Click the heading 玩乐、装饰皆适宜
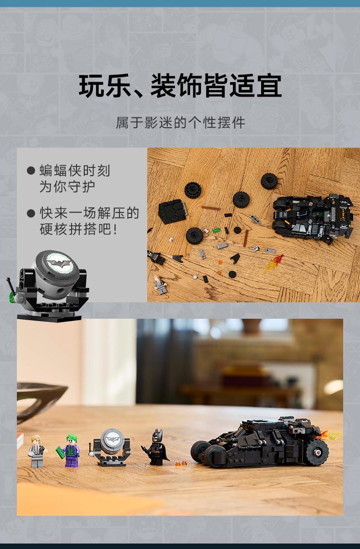[180, 86]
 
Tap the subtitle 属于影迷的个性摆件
[180, 123]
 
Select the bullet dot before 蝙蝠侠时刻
[31, 171]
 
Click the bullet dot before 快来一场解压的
[31, 213]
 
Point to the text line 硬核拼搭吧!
[78, 229]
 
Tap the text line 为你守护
[67, 186]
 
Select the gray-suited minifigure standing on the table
[36, 451]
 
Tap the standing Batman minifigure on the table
[156, 447]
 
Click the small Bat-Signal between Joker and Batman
[110, 448]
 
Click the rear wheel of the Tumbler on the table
[317, 452]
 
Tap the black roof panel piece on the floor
[172, 211]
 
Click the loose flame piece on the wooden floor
[273, 264]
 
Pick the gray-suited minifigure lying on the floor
[160, 285]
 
